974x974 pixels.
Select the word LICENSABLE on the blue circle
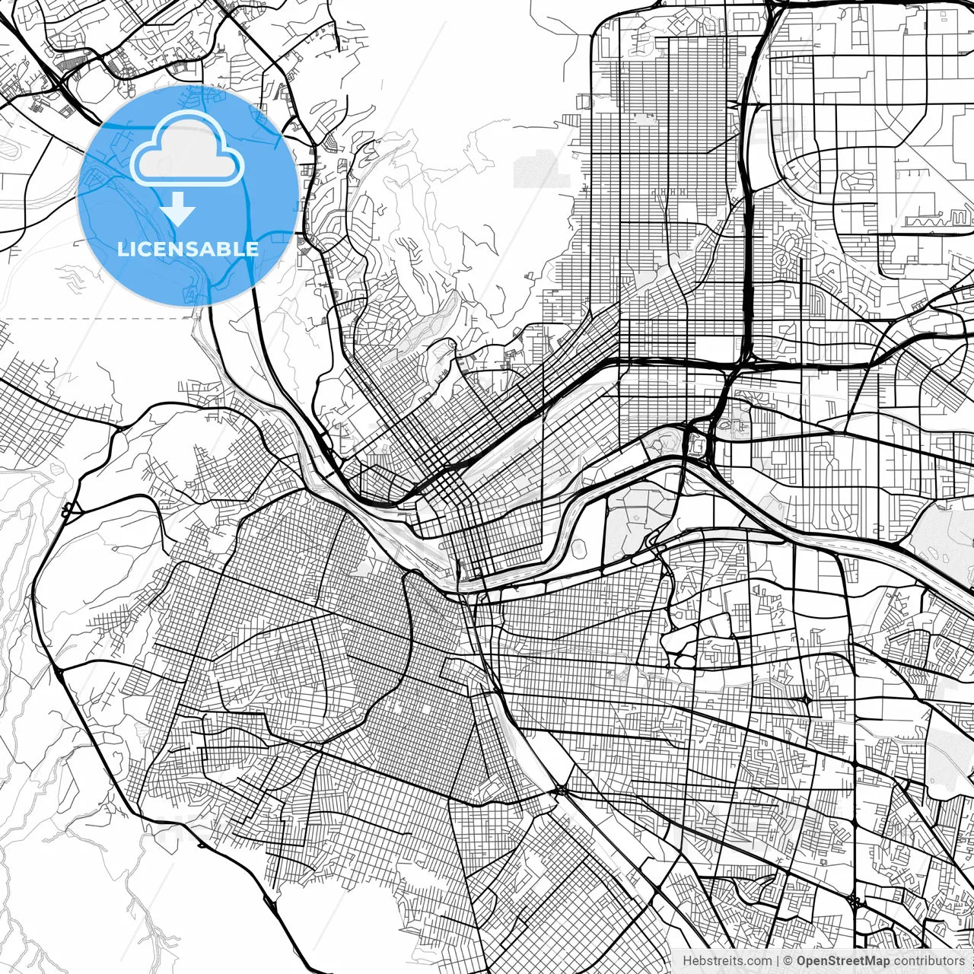188,249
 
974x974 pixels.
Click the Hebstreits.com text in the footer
727,961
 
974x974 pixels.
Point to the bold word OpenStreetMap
842,961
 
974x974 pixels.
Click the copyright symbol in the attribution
788,961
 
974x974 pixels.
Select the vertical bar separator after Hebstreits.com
778,961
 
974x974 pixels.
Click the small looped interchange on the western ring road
68,508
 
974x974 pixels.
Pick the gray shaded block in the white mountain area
540,169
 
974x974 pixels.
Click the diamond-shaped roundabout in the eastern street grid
805,699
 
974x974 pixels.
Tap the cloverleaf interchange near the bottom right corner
855,902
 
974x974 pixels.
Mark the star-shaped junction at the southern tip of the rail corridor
561,791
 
